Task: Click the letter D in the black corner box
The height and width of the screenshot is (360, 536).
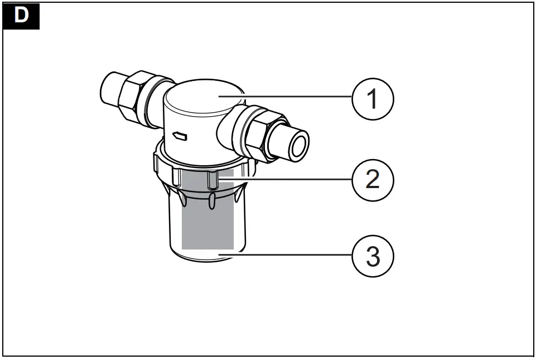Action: [21, 15]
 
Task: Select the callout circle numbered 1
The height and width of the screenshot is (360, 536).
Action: [373, 99]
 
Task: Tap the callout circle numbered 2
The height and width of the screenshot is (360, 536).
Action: [373, 179]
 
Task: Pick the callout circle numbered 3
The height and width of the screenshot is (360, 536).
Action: [373, 257]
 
